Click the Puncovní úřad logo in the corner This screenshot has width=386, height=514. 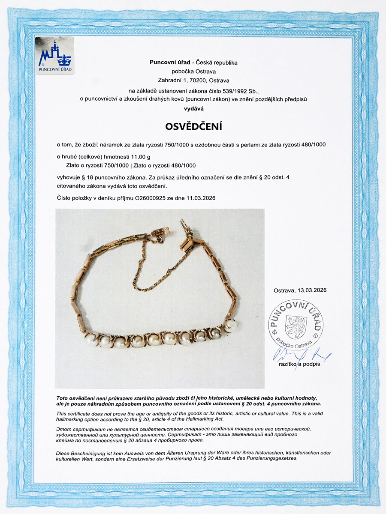[54, 56]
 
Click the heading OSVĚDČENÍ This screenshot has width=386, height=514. [193, 128]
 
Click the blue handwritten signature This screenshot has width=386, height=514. [300, 355]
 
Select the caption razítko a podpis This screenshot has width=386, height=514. [299, 364]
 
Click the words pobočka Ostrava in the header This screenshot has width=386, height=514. [193, 72]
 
